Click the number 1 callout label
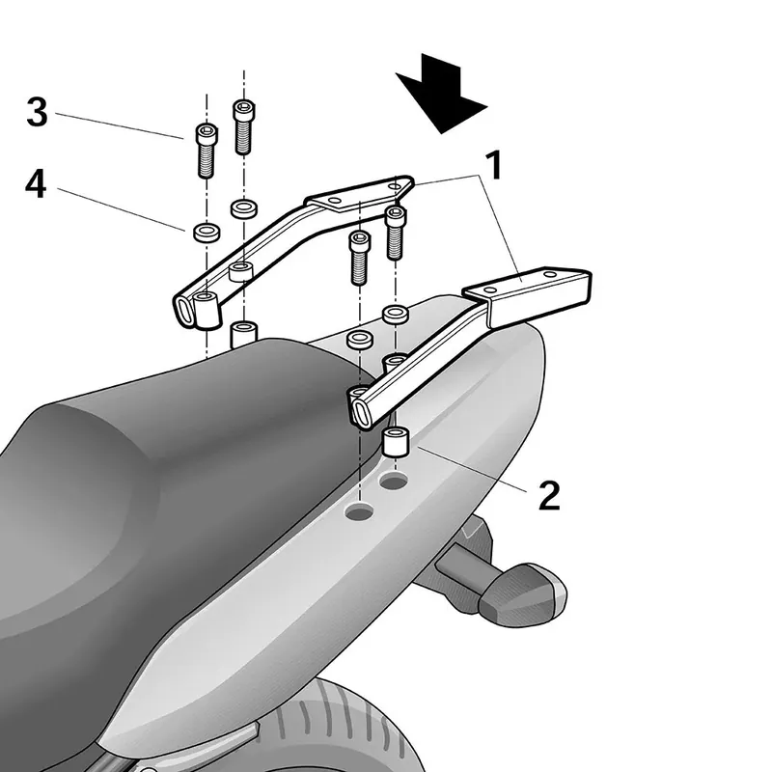[493, 165]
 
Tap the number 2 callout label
[549, 495]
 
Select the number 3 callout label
[37, 112]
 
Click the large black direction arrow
[441, 94]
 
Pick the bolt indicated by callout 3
[207, 151]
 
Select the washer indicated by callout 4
[207, 232]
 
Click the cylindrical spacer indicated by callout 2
[397, 442]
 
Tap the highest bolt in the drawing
[244, 126]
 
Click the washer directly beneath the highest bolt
[244, 208]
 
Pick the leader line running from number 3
[119, 126]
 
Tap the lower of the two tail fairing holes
[359, 512]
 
